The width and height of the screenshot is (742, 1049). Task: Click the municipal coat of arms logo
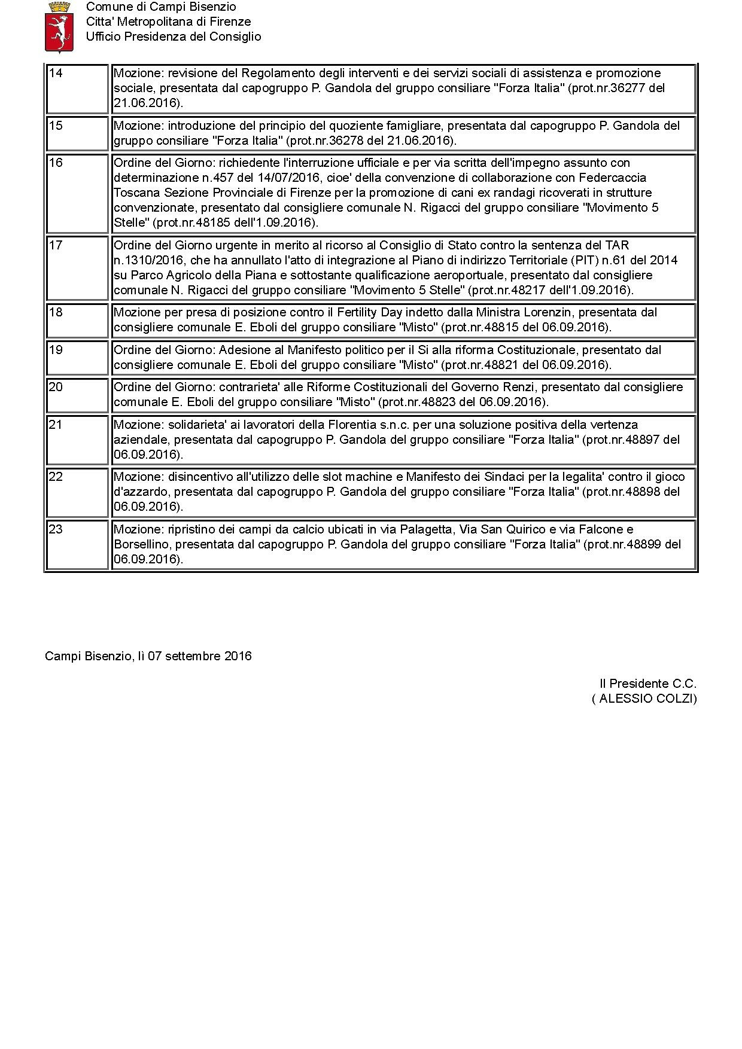click(x=59, y=27)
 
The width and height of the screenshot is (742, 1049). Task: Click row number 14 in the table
click(x=56, y=74)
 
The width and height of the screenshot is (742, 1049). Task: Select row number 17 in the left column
click(x=56, y=245)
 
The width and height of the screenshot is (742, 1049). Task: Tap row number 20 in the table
click(x=56, y=387)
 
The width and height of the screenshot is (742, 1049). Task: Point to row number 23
click(x=56, y=529)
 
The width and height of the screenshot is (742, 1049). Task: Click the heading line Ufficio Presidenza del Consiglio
click(x=174, y=36)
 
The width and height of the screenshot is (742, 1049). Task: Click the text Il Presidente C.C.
click(x=648, y=684)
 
